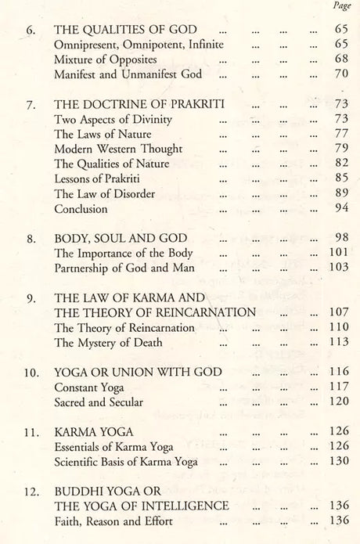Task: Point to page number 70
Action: (x=338, y=74)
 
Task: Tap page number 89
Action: (x=338, y=193)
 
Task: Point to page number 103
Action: (x=335, y=268)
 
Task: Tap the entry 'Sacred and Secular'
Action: (x=99, y=402)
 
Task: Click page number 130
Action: (x=335, y=462)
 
